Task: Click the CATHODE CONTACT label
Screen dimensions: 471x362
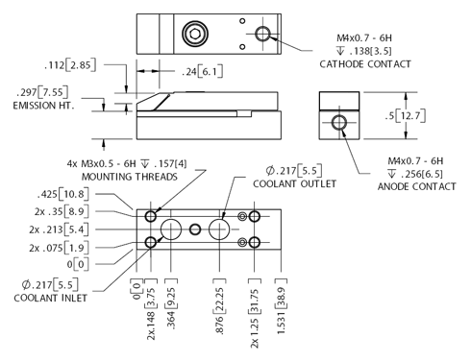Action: [x=365, y=64]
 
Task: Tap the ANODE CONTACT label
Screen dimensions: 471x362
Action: [x=416, y=186]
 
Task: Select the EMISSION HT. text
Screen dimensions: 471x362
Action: [x=43, y=106]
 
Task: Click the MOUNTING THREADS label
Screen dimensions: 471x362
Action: [x=130, y=177]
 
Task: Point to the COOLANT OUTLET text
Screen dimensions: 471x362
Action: [x=294, y=184]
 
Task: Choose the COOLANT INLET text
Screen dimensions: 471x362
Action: [x=50, y=298]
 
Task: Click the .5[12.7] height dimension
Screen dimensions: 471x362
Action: [x=406, y=115]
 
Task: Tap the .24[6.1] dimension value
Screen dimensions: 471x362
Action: [x=203, y=71]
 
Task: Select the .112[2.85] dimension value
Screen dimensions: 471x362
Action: [x=70, y=65]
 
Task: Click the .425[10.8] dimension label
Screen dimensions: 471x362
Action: [x=63, y=194]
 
